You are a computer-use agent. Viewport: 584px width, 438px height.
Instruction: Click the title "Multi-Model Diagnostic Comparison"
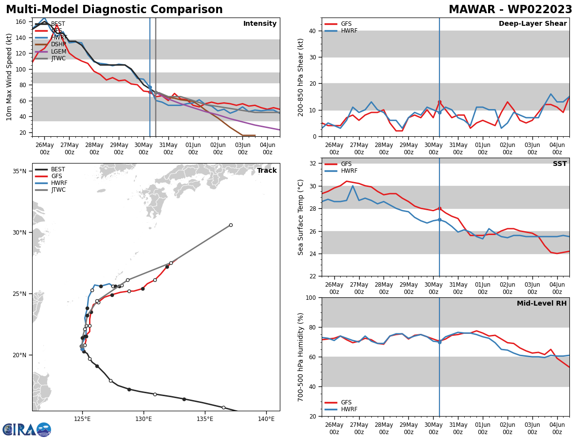click(114, 10)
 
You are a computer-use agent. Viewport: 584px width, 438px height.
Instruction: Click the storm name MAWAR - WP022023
click(510, 10)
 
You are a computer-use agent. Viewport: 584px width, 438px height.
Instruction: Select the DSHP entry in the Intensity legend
click(58, 44)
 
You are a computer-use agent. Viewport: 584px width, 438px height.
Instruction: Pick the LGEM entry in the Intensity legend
click(58, 52)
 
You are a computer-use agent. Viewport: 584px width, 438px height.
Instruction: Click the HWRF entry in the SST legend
click(349, 171)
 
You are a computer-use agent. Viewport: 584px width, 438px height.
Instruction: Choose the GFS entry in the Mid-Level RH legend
click(346, 402)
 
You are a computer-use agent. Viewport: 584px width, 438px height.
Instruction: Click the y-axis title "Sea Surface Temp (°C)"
click(301, 217)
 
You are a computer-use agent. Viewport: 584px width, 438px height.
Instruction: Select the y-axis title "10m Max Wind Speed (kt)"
click(9, 77)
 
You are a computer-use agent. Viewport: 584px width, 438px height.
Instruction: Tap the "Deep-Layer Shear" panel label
click(532, 24)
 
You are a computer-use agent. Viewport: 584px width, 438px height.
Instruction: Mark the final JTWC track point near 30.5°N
click(231, 225)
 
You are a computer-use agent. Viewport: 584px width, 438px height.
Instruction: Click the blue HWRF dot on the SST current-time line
click(439, 219)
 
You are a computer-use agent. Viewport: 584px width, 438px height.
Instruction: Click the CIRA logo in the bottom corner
click(27, 430)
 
